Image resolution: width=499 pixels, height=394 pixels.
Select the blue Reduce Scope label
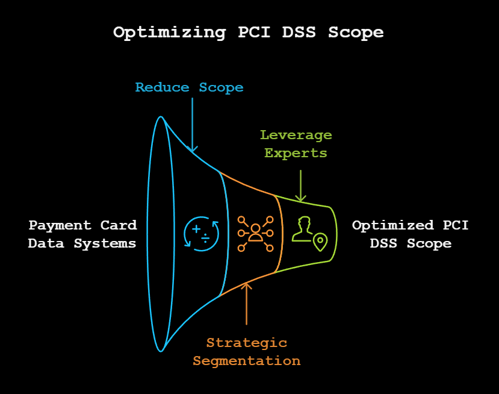tap(189, 87)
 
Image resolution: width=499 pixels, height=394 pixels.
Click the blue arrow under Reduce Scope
tap(192, 124)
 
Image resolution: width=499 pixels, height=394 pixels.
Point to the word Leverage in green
tap(296, 135)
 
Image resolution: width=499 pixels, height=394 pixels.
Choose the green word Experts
tap(296, 153)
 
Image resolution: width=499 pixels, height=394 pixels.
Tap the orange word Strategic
tap(247, 343)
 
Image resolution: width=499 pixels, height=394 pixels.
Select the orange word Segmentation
tap(247, 361)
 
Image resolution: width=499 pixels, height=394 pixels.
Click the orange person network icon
tap(255, 233)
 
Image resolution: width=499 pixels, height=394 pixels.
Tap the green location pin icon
tap(320, 242)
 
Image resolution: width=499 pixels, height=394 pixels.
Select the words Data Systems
tap(82, 243)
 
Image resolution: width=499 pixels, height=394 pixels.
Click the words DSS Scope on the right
tap(411, 243)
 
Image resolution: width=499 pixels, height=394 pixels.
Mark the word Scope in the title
tap(356, 32)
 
